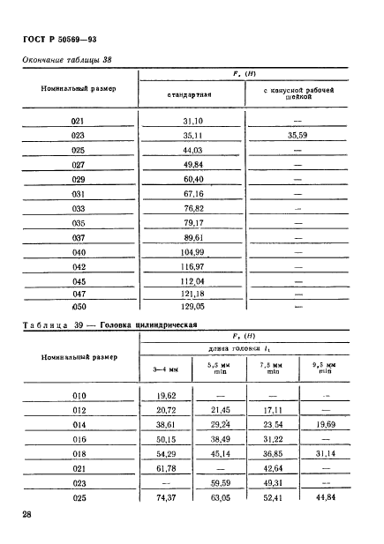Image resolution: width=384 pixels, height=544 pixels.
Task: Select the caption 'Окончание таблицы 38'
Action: (x=67, y=60)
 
